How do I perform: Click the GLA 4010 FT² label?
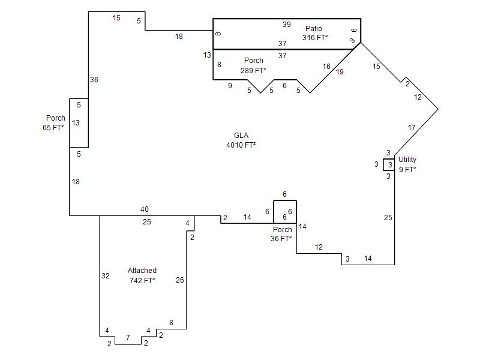[x=241, y=140]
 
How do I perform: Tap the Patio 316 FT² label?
[x=314, y=33]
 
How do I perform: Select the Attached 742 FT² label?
[x=142, y=275]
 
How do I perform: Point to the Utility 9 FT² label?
[x=407, y=164]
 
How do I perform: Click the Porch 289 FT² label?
[x=253, y=65]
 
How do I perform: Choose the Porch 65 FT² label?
[x=55, y=123]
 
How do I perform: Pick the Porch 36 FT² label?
[x=282, y=234]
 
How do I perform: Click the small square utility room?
[x=389, y=164]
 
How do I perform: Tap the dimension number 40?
[x=145, y=209]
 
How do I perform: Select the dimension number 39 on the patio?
[x=287, y=25]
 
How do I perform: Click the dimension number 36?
[x=94, y=79]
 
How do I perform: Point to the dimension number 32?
[x=106, y=276]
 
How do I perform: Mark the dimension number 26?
[x=180, y=280]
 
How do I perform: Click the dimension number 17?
[x=412, y=128]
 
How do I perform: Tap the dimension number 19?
[x=340, y=72]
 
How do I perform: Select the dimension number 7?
[x=127, y=338]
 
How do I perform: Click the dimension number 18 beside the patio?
[x=179, y=37]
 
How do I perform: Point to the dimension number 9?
[x=230, y=86]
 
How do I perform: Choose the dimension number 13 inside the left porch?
[x=76, y=123]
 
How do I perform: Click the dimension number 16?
[x=326, y=67]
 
